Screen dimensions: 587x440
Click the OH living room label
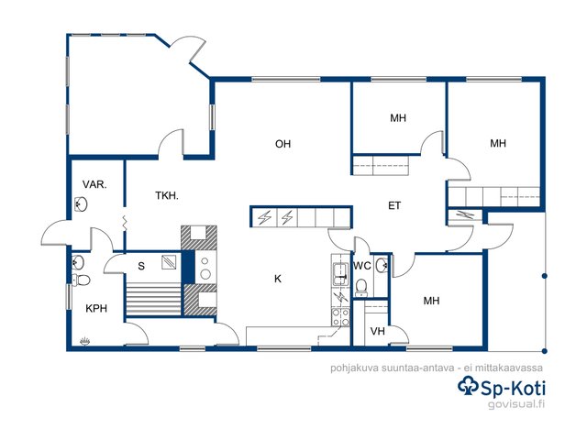point(282,144)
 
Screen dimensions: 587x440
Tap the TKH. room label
point(167,195)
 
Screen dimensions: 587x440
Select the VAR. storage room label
point(94,184)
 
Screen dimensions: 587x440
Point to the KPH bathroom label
point(96,308)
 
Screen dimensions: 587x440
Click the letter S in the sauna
point(141,266)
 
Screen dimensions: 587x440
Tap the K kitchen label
point(278,279)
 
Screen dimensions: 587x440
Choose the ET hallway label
point(394,205)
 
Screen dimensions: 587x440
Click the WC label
point(362,266)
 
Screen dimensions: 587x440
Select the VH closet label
point(377,331)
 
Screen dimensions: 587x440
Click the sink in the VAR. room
point(81,204)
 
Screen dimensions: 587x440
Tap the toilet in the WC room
point(361,286)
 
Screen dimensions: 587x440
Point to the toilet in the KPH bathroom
point(81,280)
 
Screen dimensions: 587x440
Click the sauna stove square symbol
point(169,262)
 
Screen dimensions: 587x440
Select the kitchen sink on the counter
point(340,274)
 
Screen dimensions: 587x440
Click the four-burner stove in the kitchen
point(340,317)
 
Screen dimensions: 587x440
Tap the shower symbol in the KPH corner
point(84,341)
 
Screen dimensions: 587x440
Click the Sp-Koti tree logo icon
point(468,386)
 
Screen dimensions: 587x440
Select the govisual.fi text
point(516,404)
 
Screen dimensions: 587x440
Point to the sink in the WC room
point(382,265)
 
